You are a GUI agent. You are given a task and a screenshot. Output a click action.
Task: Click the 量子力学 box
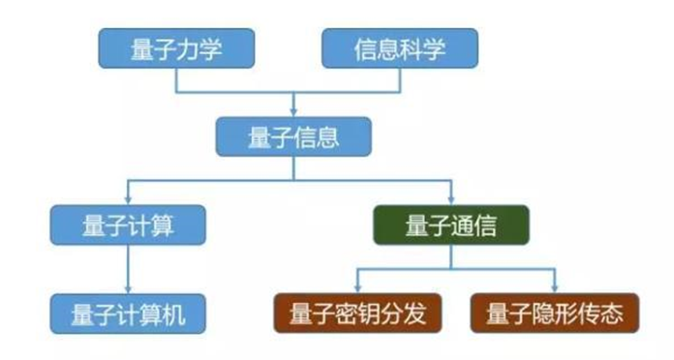click(176, 48)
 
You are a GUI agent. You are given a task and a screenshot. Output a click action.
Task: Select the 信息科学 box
click(400, 48)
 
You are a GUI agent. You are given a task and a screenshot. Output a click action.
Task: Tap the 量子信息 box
click(293, 136)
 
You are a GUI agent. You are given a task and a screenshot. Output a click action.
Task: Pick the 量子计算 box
click(128, 225)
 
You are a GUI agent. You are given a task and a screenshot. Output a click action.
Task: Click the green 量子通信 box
click(451, 225)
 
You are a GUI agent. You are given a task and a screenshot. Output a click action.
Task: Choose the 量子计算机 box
click(128, 314)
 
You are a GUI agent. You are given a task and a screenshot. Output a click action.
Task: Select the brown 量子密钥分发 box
click(357, 314)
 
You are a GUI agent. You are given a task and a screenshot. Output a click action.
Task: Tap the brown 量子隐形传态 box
click(555, 314)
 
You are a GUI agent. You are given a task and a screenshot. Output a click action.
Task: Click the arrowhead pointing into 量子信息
click(293, 112)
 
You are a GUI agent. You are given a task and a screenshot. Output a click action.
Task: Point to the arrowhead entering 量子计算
click(128, 200)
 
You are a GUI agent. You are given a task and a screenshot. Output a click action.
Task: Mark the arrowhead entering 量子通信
click(451, 200)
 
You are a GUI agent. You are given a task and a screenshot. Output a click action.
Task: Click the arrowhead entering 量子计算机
click(128, 289)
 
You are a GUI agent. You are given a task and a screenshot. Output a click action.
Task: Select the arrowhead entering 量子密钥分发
click(357, 288)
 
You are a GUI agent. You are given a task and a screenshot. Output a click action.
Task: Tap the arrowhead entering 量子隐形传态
click(555, 288)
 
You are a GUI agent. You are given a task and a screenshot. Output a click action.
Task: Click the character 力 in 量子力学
click(188, 48)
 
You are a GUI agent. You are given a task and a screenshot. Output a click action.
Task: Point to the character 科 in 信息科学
click(412, 48)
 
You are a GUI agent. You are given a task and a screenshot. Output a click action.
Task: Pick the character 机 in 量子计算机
click(174, 315)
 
